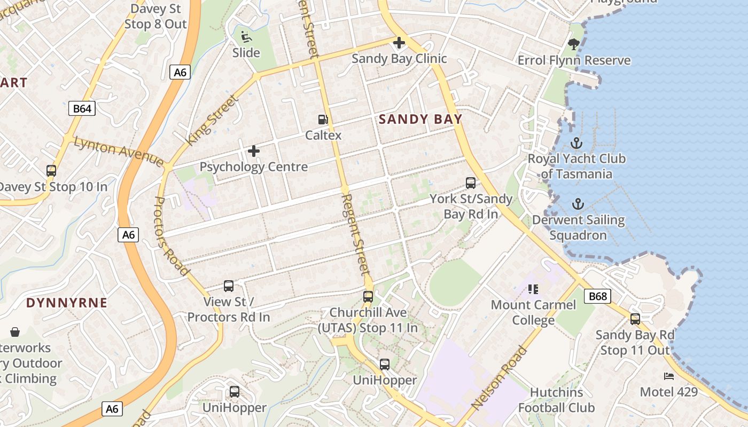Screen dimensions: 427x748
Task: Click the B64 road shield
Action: (x=82, y=109)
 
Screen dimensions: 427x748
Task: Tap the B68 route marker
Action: (x=597, y=296)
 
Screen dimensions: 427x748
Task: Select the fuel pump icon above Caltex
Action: (x=323, y=120)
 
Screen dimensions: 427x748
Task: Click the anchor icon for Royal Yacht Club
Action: (x=576, y=143)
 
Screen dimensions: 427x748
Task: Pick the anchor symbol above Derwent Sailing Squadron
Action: (x=578, y=204)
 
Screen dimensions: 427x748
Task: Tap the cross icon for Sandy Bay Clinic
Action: (x=399, y=43)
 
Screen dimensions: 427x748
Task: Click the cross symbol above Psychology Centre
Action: (x=254, y=151)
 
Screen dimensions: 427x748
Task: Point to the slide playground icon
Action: (x=246, y=37)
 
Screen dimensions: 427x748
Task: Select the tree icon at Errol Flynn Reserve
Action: (x=574, y=44)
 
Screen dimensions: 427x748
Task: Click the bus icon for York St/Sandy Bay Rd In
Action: (x=470, y=183)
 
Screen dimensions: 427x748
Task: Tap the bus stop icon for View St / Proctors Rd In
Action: (x=229, y=286)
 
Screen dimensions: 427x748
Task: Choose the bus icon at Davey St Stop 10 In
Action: (x=51, y=171)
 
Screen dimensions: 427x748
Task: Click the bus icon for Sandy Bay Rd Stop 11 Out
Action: (x=635, y=319)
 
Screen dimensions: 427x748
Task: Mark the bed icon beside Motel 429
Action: (x=668, y=376)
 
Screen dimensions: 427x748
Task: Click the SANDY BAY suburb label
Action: (x=420, y=119)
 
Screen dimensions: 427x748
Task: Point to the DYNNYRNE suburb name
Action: (x=67, y=303)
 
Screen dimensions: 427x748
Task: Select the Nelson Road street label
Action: (x=500, y=377)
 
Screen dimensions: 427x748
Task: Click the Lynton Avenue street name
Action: (x=118, y=152)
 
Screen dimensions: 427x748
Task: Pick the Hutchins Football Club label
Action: (x=556, y=400)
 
